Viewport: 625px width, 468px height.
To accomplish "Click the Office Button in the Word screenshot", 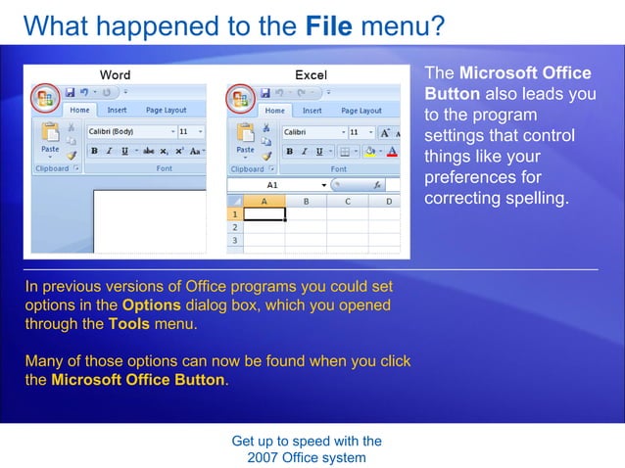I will click(44, 98).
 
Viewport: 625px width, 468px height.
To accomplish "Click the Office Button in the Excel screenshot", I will click(239, 98).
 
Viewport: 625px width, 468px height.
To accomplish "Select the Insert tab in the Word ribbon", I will click(117, 111).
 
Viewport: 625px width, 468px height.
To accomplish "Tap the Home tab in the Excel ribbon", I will click(275, 111).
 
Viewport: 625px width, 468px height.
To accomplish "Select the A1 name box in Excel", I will click(272, 184).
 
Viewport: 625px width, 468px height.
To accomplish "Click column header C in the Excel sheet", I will click(347, 201).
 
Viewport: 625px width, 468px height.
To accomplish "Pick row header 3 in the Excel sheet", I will click(234, 240).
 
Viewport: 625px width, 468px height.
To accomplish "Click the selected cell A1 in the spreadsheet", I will click(264, 213).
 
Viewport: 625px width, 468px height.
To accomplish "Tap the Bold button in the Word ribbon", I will click(95, 151).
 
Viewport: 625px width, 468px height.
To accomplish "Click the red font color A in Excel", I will click(392, 151).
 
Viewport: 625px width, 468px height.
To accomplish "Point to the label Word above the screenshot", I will click(115, 74).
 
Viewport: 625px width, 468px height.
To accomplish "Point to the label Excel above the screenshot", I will click(311, 74).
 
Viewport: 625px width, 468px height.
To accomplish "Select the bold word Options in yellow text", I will click(151, 305).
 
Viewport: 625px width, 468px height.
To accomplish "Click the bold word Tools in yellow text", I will click(129, 324).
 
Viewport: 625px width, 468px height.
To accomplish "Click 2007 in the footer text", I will click(264, 457).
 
